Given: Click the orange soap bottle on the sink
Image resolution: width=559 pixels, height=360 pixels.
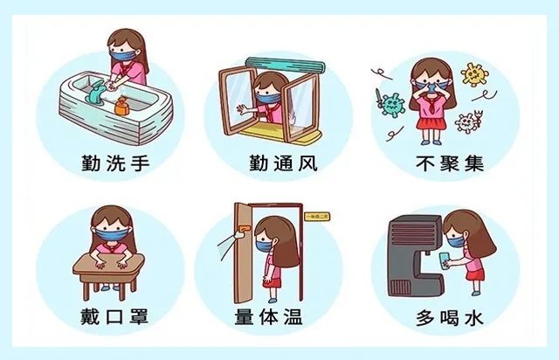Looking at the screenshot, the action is pos(121,106).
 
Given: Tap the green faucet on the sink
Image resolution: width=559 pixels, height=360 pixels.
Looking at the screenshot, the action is pos(96,93).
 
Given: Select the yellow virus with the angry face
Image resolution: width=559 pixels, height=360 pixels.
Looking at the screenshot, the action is pos(473,74).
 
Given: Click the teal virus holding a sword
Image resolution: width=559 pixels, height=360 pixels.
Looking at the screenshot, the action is pos(391,104).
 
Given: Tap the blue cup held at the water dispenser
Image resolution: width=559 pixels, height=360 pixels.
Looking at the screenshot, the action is pos(445,260).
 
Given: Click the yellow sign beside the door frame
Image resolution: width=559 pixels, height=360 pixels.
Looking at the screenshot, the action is pos(317,217).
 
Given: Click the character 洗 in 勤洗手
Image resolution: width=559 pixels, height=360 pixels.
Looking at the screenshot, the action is pos(115,163).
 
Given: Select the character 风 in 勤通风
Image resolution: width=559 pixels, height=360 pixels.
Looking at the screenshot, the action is pos(308,163).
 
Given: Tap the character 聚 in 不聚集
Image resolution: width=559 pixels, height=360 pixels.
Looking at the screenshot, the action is pos(450,163).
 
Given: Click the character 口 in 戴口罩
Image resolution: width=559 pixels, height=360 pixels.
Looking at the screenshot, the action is pos(114,317).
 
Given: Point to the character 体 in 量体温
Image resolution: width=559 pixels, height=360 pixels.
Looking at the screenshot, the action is pos(268,317).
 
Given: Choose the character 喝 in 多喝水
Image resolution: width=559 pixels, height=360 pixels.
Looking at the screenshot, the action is pos(449,318).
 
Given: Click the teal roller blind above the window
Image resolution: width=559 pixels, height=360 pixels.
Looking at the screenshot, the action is pos(286,65).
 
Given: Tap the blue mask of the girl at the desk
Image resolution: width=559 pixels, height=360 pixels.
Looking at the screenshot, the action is pos(112,235).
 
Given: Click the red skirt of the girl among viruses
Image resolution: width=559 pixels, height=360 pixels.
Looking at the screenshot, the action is pos(431,123).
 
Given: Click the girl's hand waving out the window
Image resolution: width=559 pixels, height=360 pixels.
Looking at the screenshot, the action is pos(245,109).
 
